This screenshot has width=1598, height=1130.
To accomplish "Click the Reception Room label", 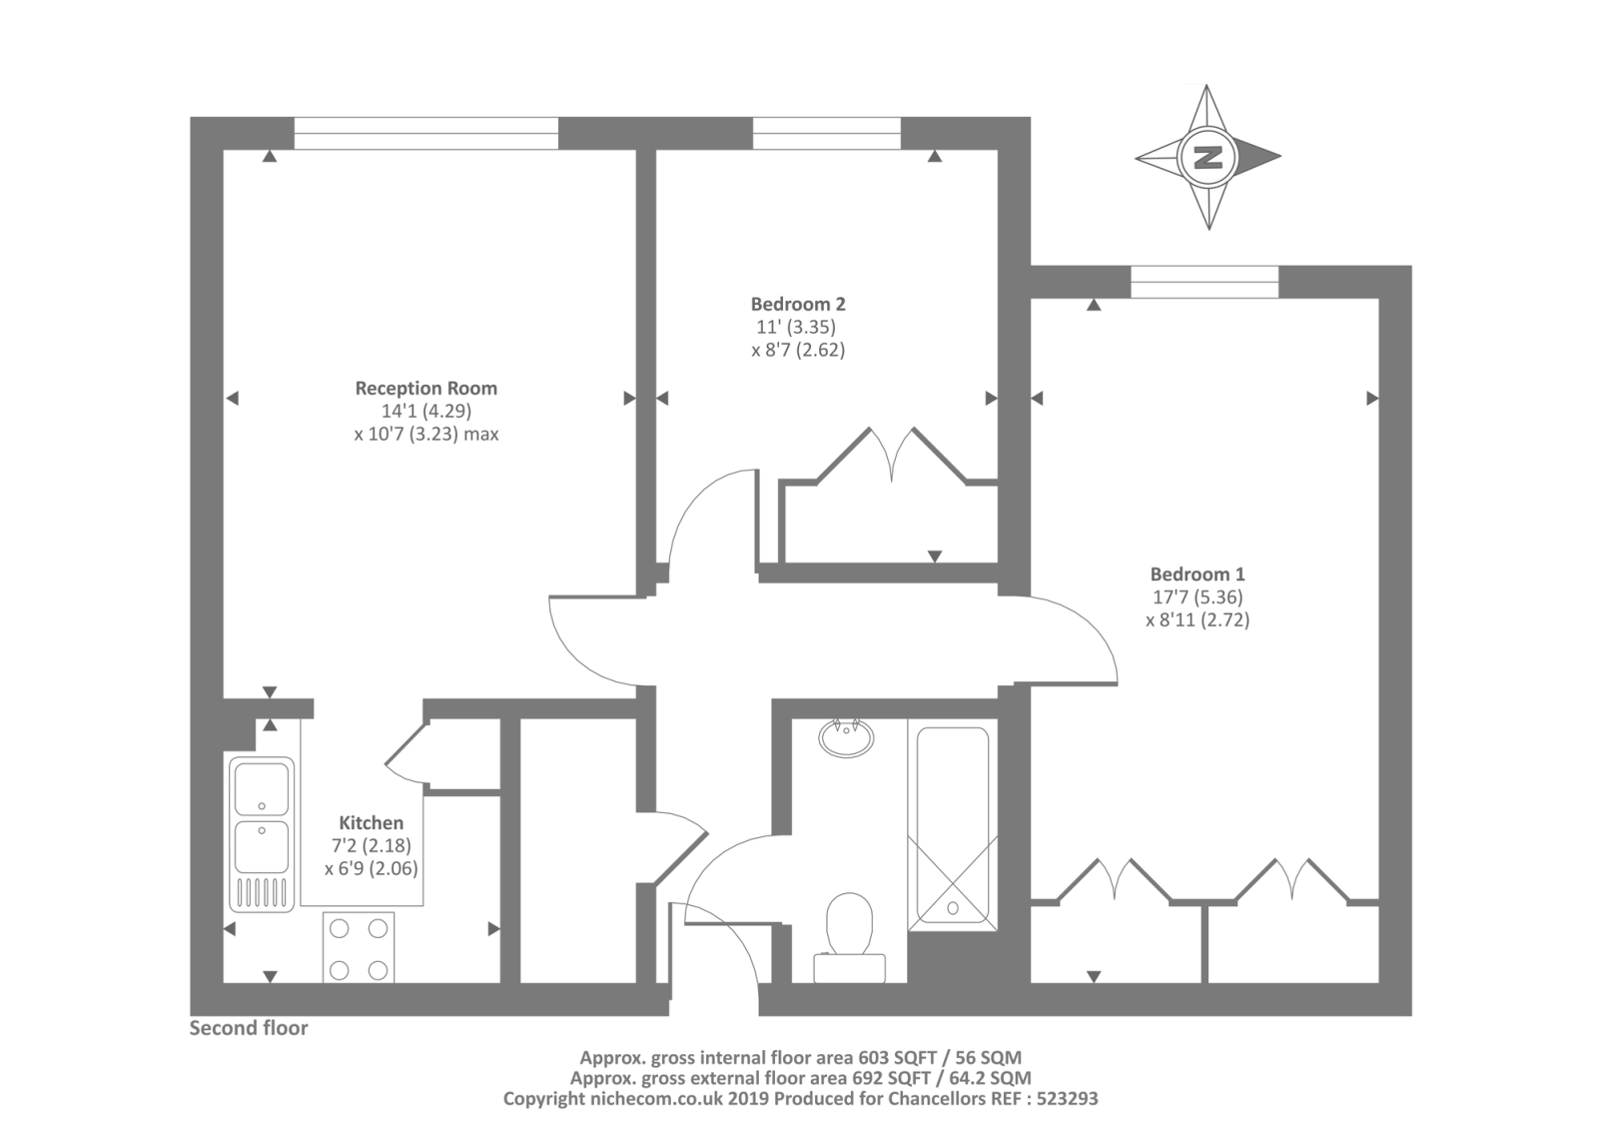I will (x=425, y=388).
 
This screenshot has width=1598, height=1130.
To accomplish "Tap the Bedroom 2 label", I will (x=798, y=304).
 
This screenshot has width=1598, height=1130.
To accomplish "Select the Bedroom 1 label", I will (x=1198, y=573).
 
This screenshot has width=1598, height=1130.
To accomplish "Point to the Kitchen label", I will (x=371, y=822).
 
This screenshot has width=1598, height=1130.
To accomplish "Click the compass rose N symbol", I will (x=1208, y=157).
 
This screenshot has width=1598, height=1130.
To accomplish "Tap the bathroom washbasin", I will (x=846, y=738).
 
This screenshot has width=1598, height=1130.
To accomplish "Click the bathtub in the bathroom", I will (x=953, y=824).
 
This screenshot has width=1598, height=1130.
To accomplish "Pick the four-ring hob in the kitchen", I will (x=358, y=947).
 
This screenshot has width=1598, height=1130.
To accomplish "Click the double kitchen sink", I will (x=262, y=834).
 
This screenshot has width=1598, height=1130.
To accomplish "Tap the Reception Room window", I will (x=425, y=133).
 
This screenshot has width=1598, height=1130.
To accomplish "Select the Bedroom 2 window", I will (x=826, y=133).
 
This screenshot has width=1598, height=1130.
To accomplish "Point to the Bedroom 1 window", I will (x=1203, y=282).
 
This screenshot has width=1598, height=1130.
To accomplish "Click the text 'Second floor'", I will (x=249, y=1028).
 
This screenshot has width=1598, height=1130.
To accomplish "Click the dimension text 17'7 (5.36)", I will (x=1198, y=596).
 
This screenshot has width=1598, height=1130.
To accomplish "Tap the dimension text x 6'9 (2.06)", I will (x=371, y=868).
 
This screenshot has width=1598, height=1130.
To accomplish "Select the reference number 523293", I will (x=1065, y=1098).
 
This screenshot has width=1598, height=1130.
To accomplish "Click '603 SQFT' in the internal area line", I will (x=889, y=1057).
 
